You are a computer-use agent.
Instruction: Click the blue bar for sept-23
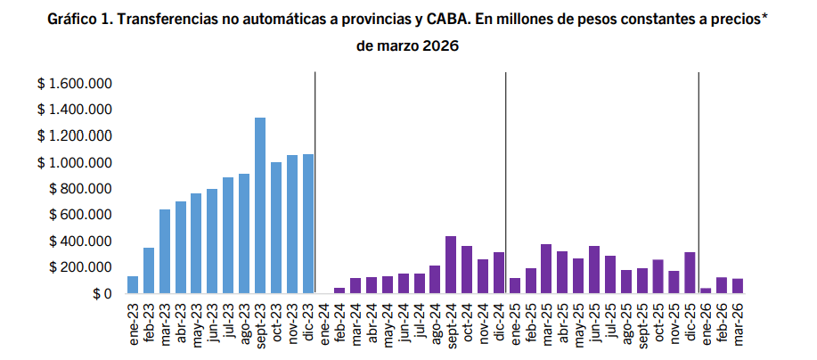(x=260, y=206)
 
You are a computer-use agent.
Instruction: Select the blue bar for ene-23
(x=133, y=285)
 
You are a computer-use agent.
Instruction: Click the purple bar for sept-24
(x=451, y=265)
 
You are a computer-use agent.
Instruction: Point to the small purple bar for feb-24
(x=339, y=290)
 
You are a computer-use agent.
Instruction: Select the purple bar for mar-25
(x=546, y=269)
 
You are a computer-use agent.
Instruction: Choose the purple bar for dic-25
(x=690, y=273)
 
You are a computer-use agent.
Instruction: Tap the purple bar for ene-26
(x=706, y=290)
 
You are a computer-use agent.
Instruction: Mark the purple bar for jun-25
(x=594, y=270)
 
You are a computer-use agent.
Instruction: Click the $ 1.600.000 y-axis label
(x=74, y=84)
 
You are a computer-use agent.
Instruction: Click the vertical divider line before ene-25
(x=506, y=183)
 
